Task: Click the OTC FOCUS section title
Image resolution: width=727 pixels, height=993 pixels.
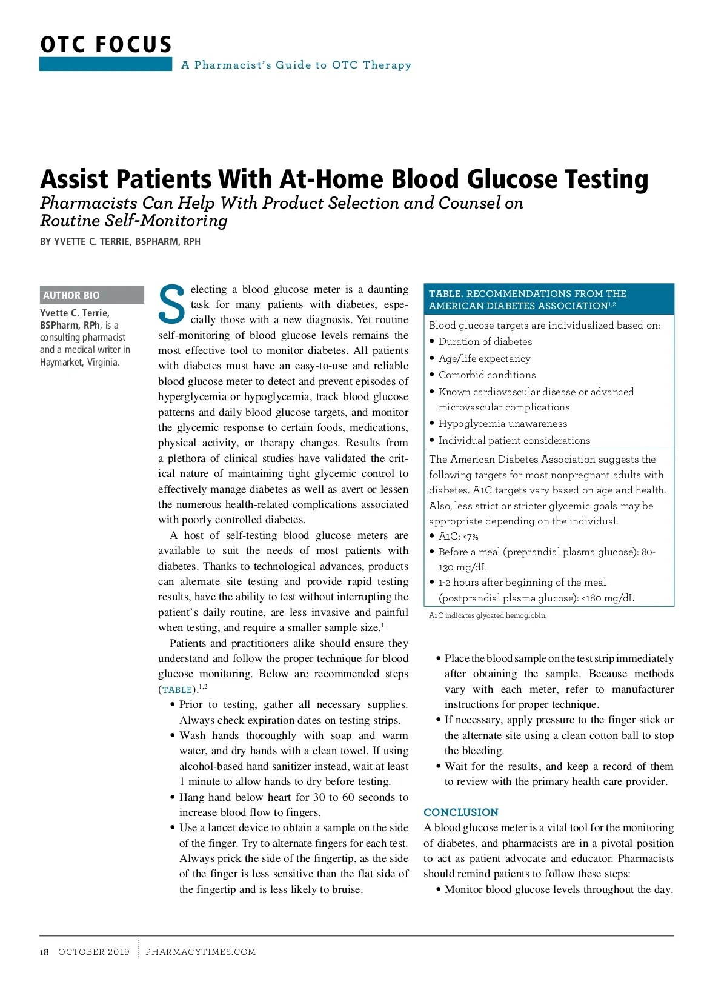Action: coord(106,45)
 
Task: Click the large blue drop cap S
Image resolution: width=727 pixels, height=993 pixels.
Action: coord(171,304)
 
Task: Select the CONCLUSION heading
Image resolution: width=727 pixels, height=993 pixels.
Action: coord(460,812)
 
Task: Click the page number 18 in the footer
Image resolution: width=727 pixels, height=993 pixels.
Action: coord(44,952)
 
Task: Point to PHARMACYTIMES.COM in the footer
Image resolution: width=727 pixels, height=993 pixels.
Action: coord(201,952)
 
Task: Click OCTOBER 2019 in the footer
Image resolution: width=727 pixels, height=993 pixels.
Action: coord(94,952)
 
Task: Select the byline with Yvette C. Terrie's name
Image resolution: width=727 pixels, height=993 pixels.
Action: coord(120,241)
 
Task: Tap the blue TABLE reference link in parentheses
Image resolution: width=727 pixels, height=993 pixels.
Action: coord(178,690)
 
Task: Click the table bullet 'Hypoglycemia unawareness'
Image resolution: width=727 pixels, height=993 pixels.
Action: coord(502,423)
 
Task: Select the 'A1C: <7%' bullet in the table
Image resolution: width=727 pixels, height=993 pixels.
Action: coord(458,536)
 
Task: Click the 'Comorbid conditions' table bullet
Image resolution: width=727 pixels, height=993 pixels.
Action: coord(486,375)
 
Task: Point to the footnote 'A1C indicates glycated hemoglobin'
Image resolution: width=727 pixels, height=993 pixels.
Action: coord(488,615)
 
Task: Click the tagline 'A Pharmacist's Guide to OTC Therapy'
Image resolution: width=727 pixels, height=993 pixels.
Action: coord(296,65)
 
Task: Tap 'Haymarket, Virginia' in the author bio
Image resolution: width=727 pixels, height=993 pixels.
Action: coord(79,362)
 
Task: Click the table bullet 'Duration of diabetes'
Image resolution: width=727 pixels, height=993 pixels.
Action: coord(485,341)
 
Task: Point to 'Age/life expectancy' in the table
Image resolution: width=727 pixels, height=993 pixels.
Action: coord(484,358)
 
